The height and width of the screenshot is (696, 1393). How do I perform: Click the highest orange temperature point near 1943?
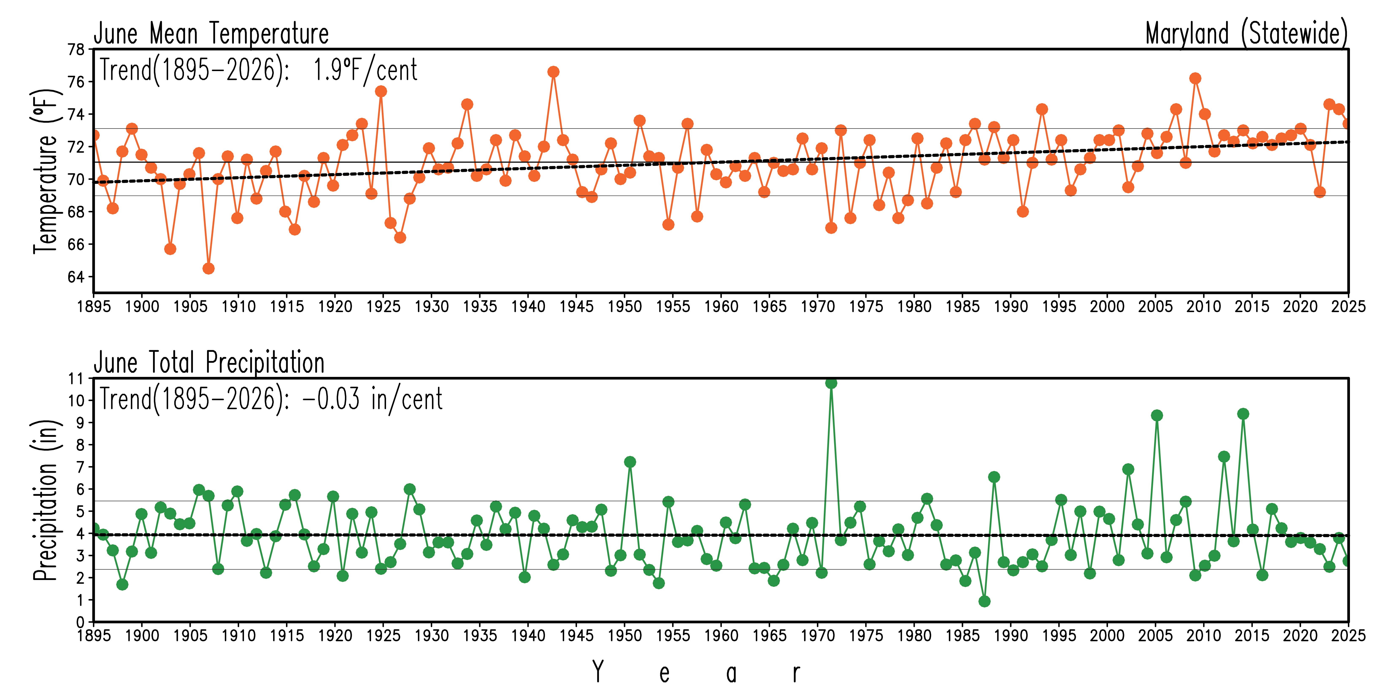pyautogui.click(x=553, y=72)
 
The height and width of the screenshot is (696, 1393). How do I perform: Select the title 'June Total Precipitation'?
pyautogui.click(x=209, y=363)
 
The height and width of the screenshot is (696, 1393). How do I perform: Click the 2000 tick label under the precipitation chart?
pyautogui.click(x=1107, y=635)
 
